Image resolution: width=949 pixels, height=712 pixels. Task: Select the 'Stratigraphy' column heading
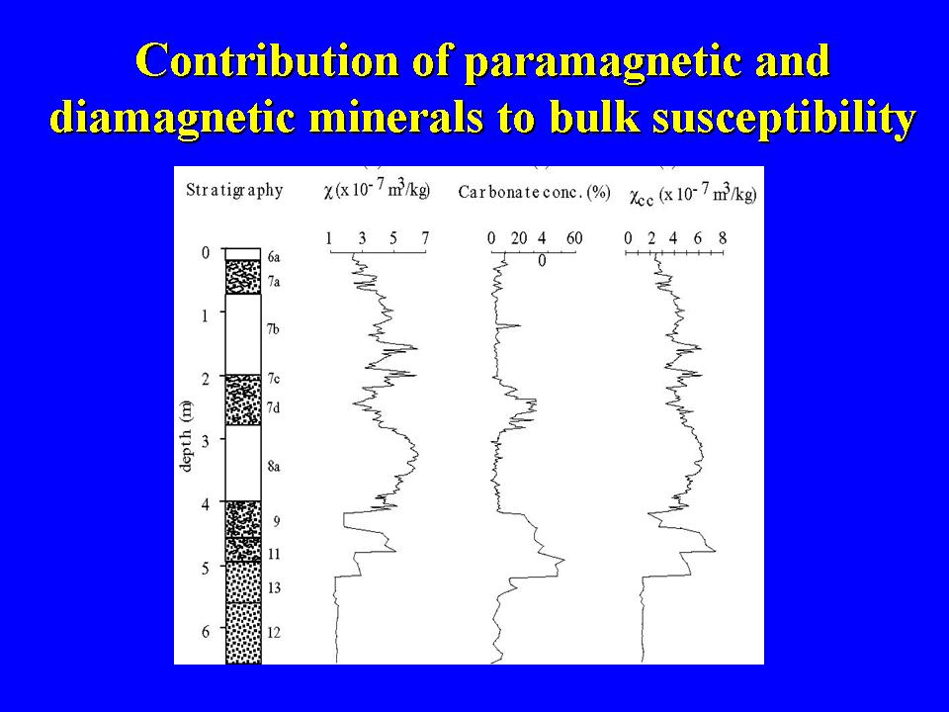pyautogui.click(x=234, y=190)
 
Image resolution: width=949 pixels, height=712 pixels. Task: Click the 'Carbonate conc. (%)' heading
pyautogui.click(x=534, y=192)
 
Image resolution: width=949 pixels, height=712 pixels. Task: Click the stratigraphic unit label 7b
pyautogui.click(x=273, y=329)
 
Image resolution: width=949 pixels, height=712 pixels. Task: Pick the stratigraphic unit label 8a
pyautogui.click(x=274, y=467)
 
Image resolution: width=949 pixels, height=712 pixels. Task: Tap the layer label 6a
pyautogui.click(x=274, y=258)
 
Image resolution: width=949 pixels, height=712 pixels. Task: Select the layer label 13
pyautogui.click(x=274, y=587)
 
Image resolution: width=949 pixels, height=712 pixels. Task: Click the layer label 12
pyautogui.click(x=274, y=633)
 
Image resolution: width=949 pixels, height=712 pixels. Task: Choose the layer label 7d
pyautogui.click(x=274, y=408)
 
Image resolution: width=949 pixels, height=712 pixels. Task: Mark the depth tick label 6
pyautogui.click(x=206, y=632)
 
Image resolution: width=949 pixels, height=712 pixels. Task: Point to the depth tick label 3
pyautogui.click(x=206, y=441)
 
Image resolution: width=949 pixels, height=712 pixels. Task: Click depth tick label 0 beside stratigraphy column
pyautogui.click(x=206, y=252)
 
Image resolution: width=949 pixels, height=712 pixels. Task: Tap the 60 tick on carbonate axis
pyautogui.click(x=573, y=238)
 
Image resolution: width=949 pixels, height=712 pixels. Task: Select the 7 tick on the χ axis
pyautogui.click(x=425, y=238)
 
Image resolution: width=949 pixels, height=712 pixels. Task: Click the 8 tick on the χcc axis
pyautogui.click(x=723, y=238)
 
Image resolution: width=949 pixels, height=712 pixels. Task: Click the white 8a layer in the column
pyautogui.click(x=243, y=463)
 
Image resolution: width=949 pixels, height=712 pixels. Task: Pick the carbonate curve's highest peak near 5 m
pyautogui.click(x=564, y=561)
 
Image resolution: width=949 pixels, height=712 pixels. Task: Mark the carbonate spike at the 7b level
pyautogui.click(x=519, y=326)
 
